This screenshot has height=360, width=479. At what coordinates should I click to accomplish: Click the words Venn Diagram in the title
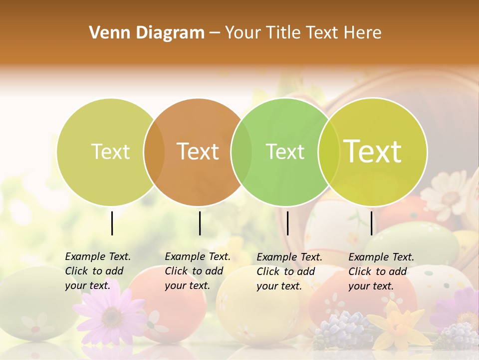(147, 33)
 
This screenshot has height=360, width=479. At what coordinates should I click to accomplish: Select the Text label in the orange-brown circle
(198, 151)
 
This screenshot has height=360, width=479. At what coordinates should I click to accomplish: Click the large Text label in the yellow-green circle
(373, 151)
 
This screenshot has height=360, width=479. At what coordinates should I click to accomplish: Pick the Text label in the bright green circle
(285, 151)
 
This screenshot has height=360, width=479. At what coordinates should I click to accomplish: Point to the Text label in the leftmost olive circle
(111, 151)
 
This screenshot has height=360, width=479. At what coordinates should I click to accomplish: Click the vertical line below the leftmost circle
(112, 223)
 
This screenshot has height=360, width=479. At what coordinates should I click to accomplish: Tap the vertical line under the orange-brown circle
(200, 223)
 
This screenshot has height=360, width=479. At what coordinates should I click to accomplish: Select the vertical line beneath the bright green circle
(287, 223)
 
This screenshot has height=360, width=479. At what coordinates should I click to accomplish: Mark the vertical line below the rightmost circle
(371, 223)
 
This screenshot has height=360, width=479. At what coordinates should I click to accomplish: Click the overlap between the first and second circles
(154, 152)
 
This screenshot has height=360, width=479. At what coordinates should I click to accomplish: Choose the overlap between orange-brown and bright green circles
(241, 152)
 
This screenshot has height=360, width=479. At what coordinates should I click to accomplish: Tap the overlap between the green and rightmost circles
(329, 152)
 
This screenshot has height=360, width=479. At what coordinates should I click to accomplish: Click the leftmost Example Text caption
(98, 271)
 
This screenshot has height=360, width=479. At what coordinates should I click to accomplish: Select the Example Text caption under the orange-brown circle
(198, 271)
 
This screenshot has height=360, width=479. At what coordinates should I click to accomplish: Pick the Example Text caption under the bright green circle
(289, 271)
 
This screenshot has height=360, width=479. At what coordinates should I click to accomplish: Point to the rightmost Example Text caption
(381, 271)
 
